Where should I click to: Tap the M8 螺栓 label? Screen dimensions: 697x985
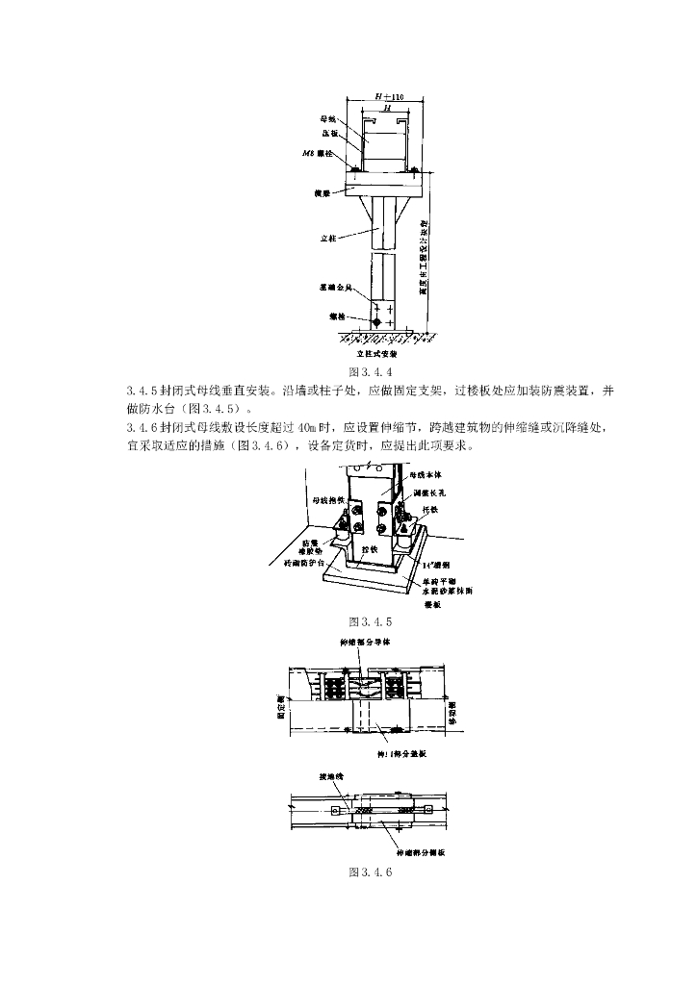pos(318,153)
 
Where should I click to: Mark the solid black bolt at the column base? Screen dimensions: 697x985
pos(376,320)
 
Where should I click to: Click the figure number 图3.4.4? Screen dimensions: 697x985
pos(372,372)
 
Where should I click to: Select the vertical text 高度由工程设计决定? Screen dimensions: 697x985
pos(425,260)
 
